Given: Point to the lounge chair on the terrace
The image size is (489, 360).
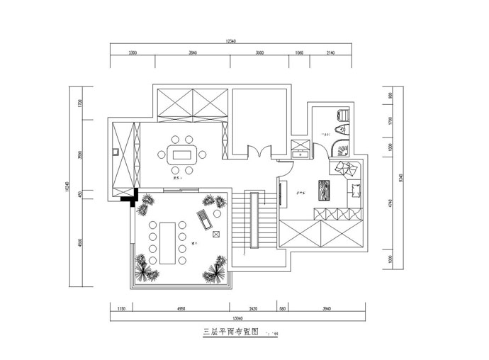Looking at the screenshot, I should [x=204, y=219].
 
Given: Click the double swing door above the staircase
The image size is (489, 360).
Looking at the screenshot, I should [x=257, y=152].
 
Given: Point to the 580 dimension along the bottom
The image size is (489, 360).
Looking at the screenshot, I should [x=282, y=309].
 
